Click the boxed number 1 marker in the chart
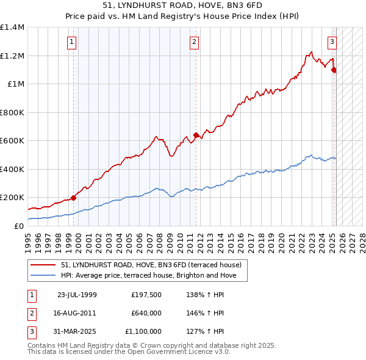click(72, 42)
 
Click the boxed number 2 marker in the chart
click(194, 42)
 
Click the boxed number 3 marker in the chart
click(332, 42)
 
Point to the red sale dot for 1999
click(73, 198)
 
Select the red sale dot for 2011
click(196, 135)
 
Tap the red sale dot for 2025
click(334, 70)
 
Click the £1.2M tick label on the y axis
click(12, 56)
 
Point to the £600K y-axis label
click(12, 141)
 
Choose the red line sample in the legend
click(45, 265)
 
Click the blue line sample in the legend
click(45, 276)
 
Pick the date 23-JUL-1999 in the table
click(77, 295)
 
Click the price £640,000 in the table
click(146, 313)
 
